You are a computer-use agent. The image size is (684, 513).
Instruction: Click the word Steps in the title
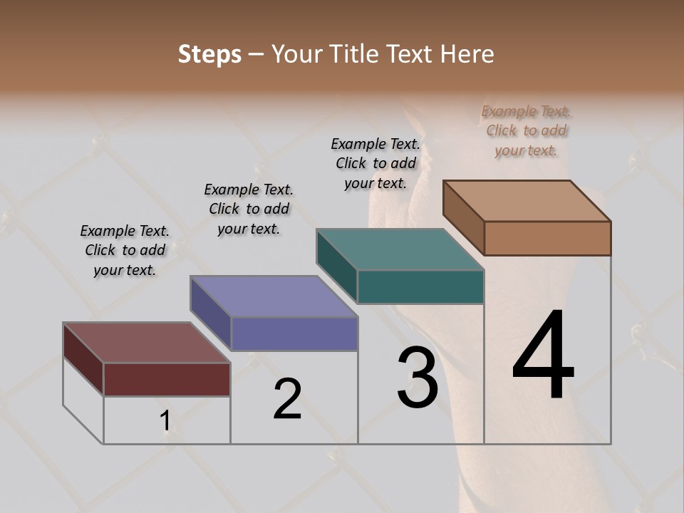pyautogui.click(x=209, y=54)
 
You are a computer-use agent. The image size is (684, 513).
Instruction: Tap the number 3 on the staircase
pyautogui.click(x=417, y=378)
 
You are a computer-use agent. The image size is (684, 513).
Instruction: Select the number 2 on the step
pyautogui.click(x=287, y=398)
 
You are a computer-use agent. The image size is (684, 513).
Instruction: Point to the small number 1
pyautogui.click(x=165, y=421)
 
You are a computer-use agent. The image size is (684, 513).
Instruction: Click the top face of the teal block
pyautogui.click(x=400, y=249)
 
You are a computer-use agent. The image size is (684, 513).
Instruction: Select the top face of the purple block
pyautogui.click(x=274, y=296)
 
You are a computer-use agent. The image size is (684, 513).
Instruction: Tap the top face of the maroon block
pyautogui.click(x=147, y=343)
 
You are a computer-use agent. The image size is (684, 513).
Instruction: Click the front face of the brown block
pyautogui.click(x=547, y=238)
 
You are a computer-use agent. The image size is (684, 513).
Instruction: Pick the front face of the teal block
pyautogui.click(x=420, y=287)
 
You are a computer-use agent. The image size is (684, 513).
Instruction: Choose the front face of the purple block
pyautogui.click(x=294, y=334)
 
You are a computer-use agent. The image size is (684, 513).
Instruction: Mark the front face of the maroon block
pyautogui.click(x=167, y=379)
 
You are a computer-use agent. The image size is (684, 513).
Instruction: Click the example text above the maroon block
pyautogui.click(x=125, y=250)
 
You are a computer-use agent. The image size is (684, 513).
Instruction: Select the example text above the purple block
pyautogui.click(x=249, y=209)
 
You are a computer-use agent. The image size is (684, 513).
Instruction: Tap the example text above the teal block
pyautogui.click(x=375, y=163)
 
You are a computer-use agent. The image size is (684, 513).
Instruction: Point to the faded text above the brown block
pyautogui.click(x=527, y=130)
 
